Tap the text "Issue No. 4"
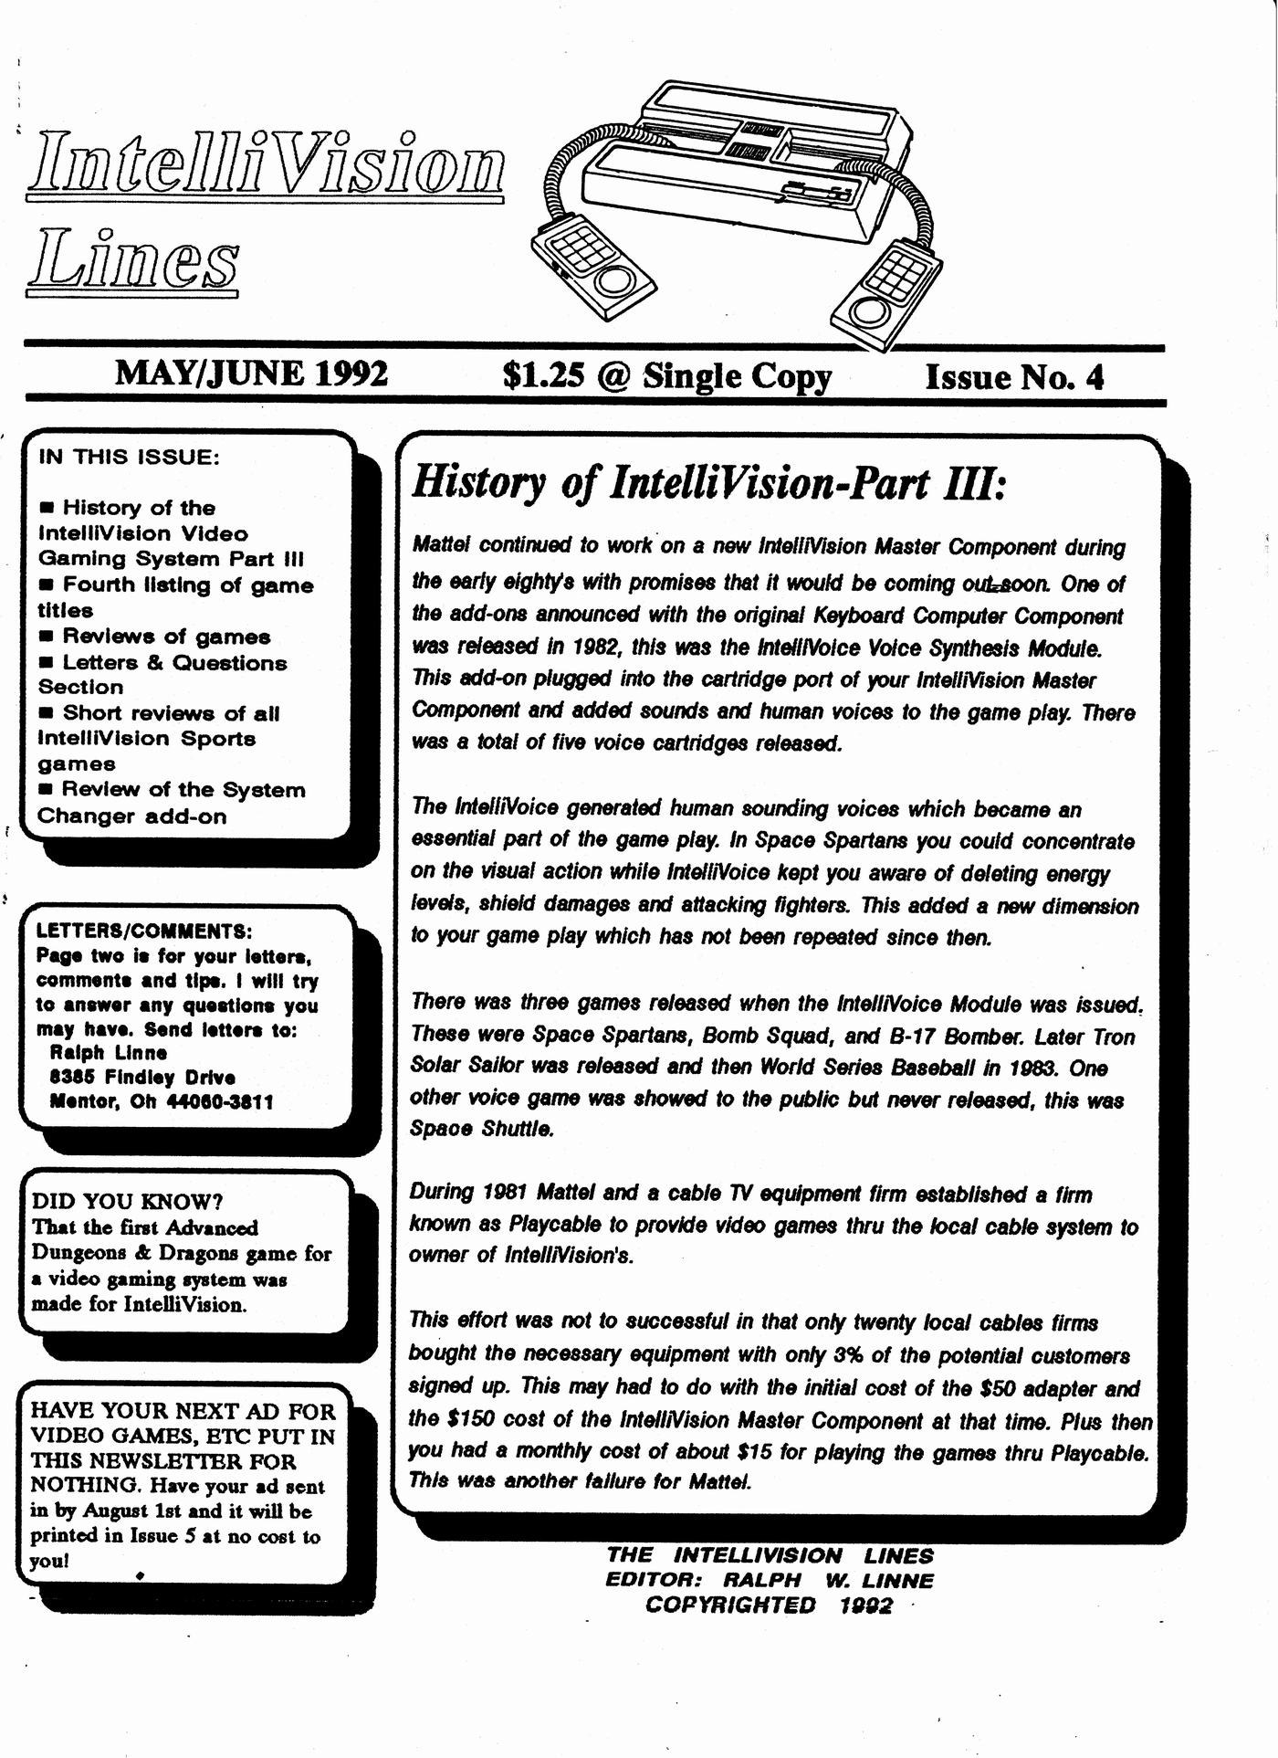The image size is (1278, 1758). tap(1014, 376)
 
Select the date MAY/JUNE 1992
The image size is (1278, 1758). tap(251, 374)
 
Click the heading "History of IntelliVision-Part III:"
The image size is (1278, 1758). tap(707, 482)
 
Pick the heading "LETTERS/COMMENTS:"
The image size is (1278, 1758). tap(143, 932)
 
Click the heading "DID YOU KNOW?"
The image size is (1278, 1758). tap(128, 1201)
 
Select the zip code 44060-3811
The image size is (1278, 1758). tap(219, 1102)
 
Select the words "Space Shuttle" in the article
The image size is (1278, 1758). tap(482, 1129)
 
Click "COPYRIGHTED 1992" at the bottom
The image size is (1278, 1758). tap(769, 1605)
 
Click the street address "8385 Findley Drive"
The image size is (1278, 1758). tap(142, 1078)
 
